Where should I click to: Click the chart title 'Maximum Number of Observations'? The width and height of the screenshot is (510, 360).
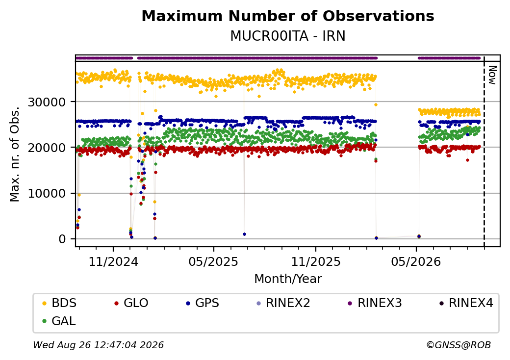pos(288,16)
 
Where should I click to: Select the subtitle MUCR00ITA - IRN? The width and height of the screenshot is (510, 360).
pos(288,36)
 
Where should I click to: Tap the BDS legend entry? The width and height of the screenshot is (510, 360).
pos(60,303)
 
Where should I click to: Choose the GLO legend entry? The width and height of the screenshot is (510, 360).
pos(131,303)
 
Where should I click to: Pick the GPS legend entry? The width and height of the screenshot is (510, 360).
pos(203,303)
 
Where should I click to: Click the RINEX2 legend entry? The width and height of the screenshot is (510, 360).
pos(283,303)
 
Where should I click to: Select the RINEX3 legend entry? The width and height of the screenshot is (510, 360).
pos(375,303)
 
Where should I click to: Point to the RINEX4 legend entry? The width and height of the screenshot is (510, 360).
pos(466,303)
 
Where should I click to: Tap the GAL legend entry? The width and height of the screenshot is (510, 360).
pos(59,321)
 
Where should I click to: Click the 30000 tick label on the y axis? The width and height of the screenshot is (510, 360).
pos(47,102)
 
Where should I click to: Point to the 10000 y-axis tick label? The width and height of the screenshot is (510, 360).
pos(47,194)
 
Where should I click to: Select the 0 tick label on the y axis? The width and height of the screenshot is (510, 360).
pos(62,239)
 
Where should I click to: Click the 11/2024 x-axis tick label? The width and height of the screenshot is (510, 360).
pos(113,261)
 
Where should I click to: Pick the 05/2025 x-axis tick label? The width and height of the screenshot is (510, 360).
pos(213,261)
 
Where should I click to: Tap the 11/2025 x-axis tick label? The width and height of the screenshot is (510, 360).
pos(315,261)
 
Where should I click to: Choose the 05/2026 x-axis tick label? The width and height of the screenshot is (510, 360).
pos(416,261)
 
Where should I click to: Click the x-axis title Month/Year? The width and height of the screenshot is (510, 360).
pos(288,279)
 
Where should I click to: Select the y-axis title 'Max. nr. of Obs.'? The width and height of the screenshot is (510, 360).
pos(15,154)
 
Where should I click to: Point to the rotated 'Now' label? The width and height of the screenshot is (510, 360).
pos(492,75)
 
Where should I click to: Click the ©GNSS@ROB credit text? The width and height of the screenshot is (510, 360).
pos(459,345)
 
